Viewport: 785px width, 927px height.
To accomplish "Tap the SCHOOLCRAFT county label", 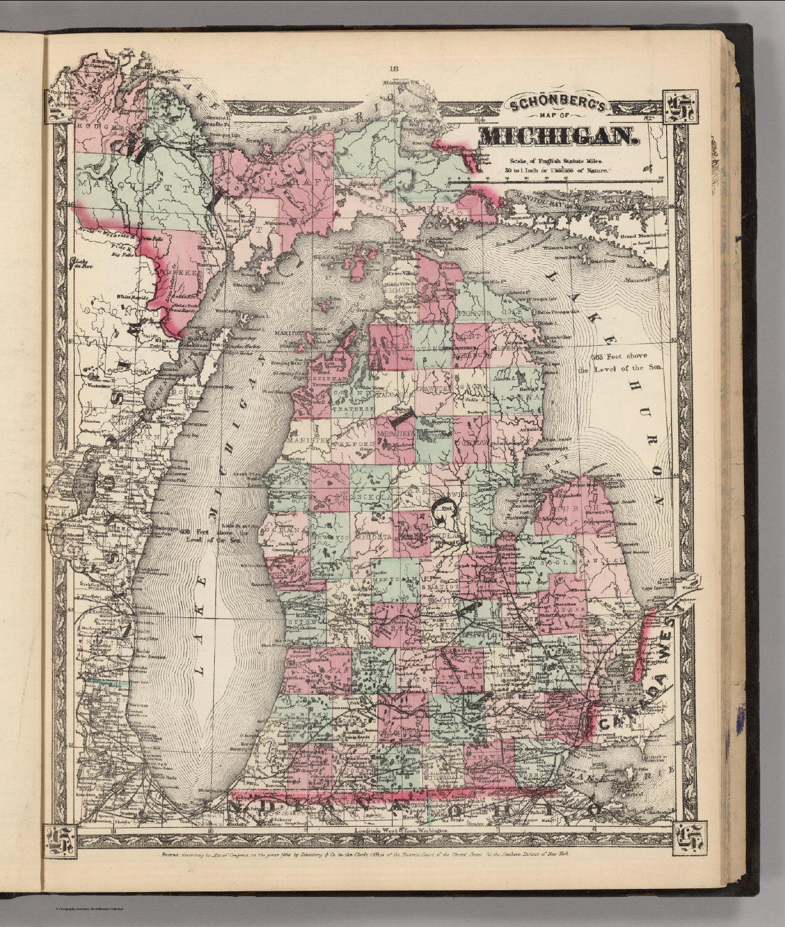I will pos(265,180).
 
